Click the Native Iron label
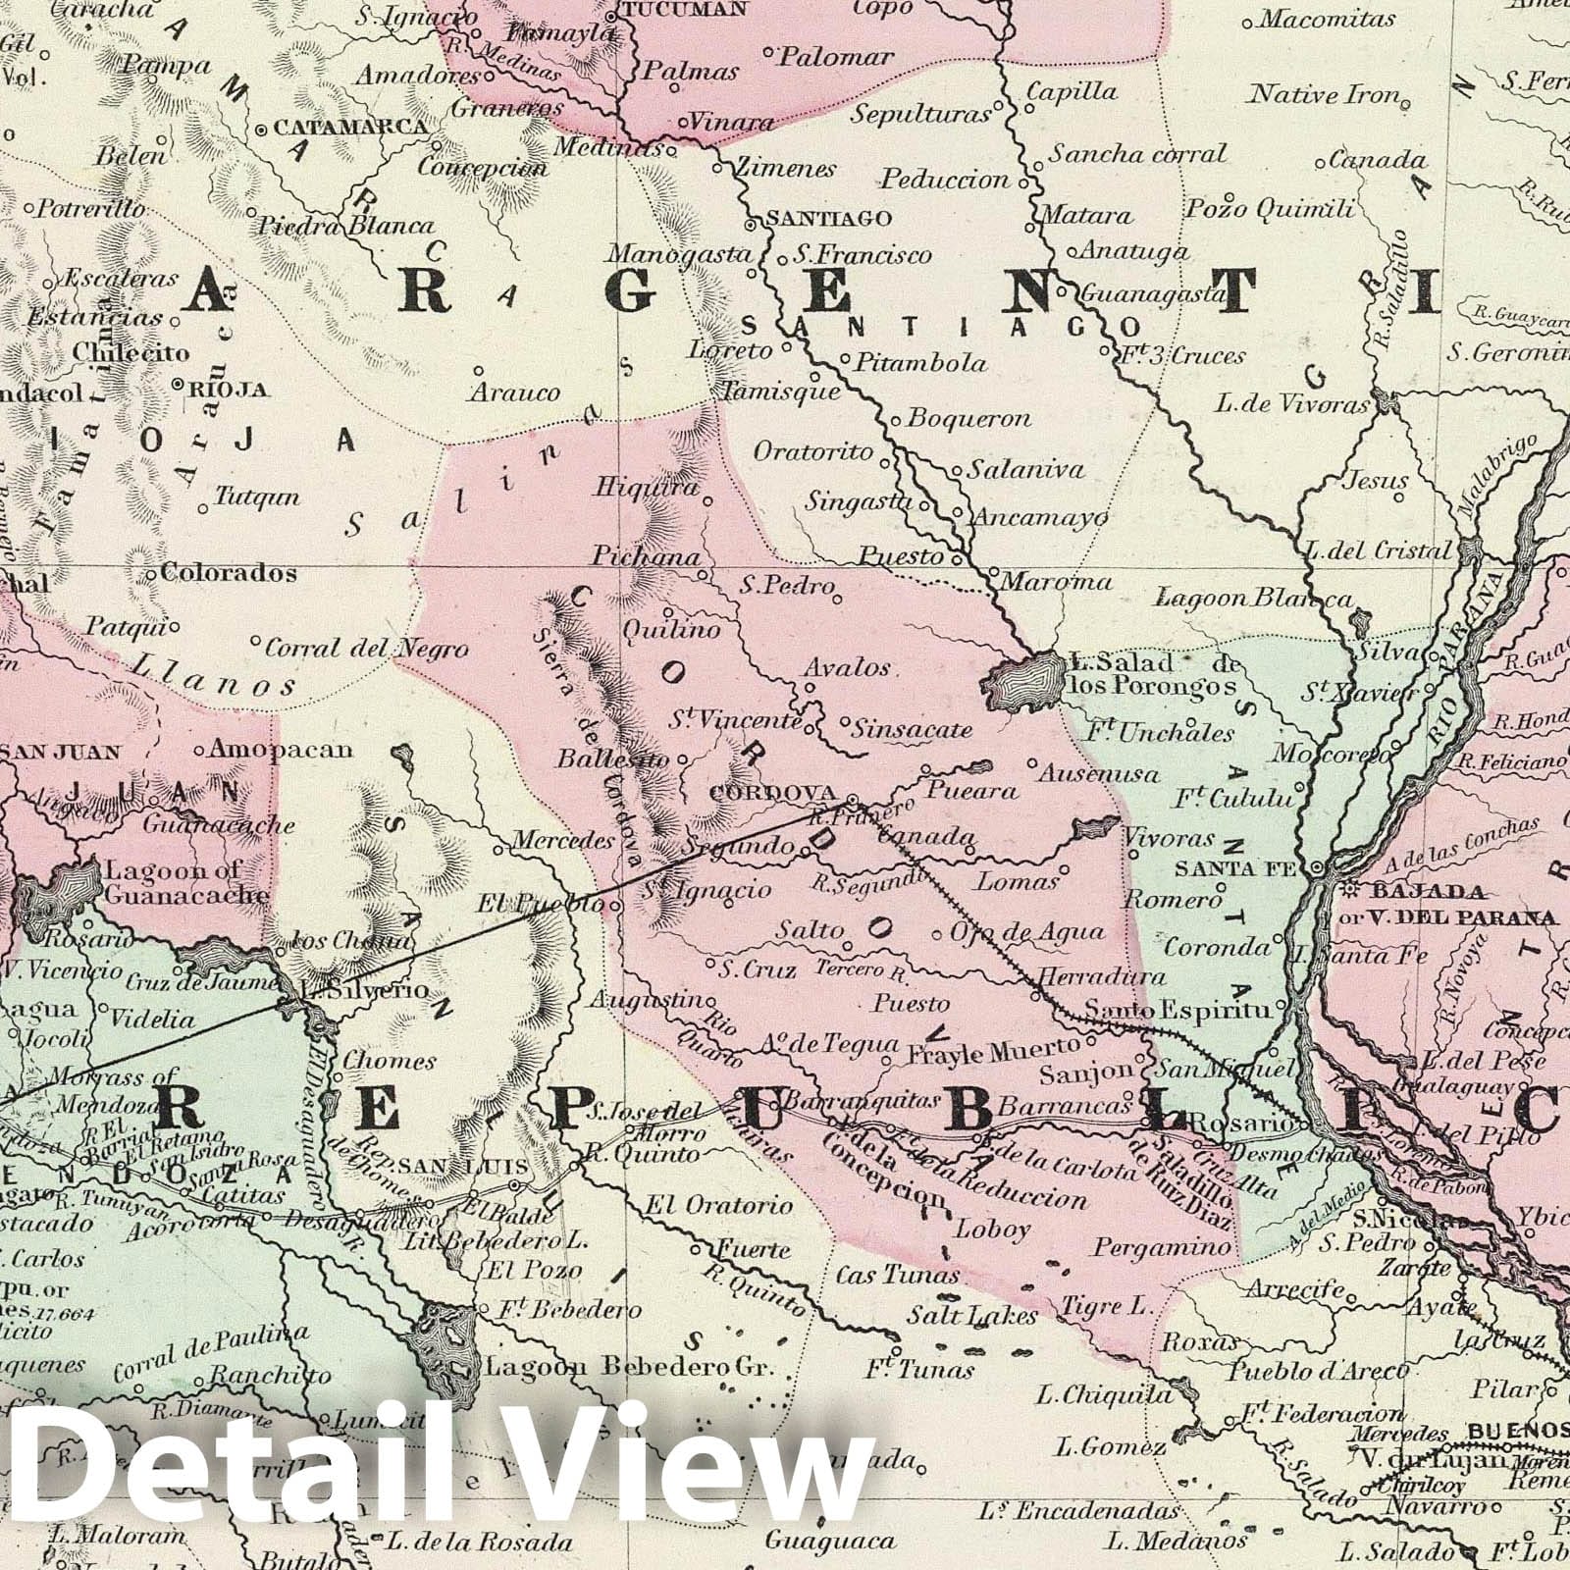[1322, 95]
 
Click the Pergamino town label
[1161, 1247]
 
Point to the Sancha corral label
[1136, 154]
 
